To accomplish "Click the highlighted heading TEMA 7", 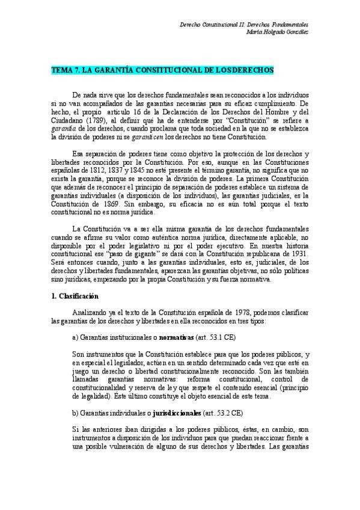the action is pyautogui.click(x=162, y=70).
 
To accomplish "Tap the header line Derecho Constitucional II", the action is pyautogui.click(x=245, y=24).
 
